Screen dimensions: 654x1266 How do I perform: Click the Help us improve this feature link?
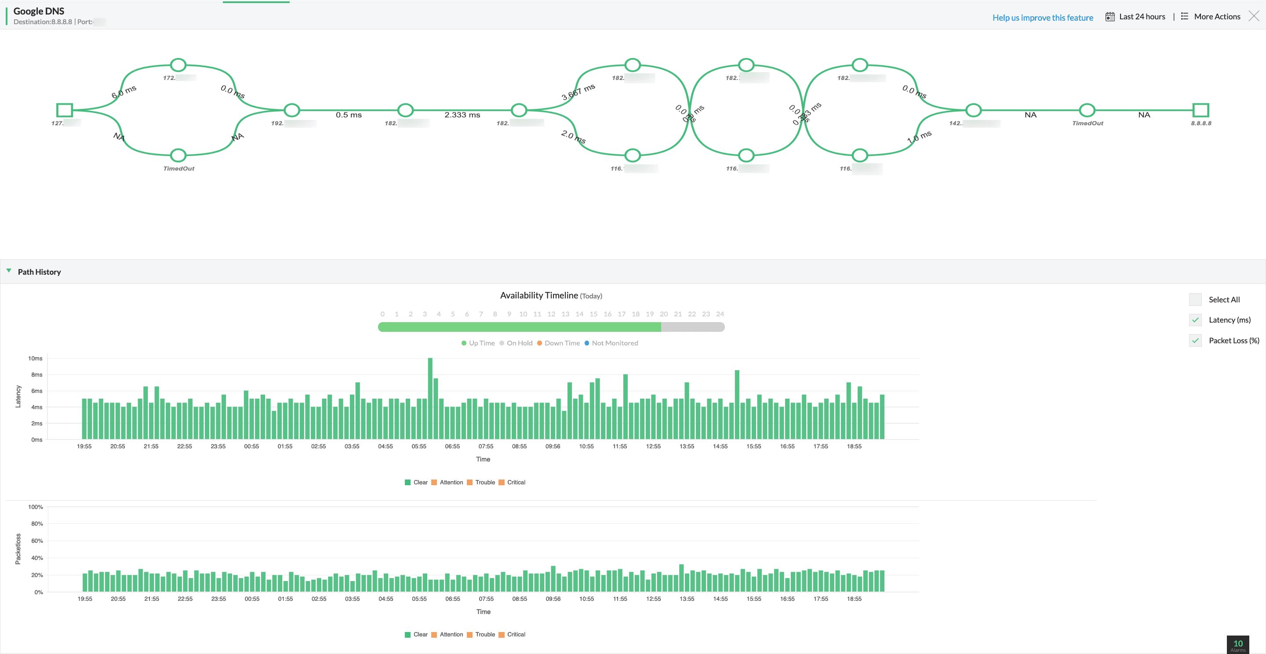click(1042, 18)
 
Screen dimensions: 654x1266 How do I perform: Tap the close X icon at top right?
click(1254, 16)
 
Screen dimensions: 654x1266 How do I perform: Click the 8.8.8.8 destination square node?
click(1200, 110)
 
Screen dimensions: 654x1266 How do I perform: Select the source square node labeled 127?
click(64, 110)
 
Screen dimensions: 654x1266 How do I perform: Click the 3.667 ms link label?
click(578, 92)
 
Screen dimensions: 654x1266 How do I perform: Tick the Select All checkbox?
click(1195, 300)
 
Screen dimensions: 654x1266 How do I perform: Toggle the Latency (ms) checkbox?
click(1195, 320)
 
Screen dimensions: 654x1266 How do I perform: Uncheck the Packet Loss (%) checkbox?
click(1195, 341)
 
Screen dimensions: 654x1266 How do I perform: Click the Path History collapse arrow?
click(9, 271)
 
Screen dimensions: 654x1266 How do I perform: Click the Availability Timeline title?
click(538, 295)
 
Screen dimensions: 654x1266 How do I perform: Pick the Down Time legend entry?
click(562, 343)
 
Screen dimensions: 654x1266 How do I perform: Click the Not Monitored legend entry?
click(615, 343)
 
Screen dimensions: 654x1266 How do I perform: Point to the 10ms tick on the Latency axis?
click(35, 359)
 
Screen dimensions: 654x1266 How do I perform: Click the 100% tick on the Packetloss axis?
click(35, 507)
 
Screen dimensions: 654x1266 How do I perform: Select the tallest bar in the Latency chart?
click(430, 398)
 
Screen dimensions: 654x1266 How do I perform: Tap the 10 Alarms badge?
click(1237, 645)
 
